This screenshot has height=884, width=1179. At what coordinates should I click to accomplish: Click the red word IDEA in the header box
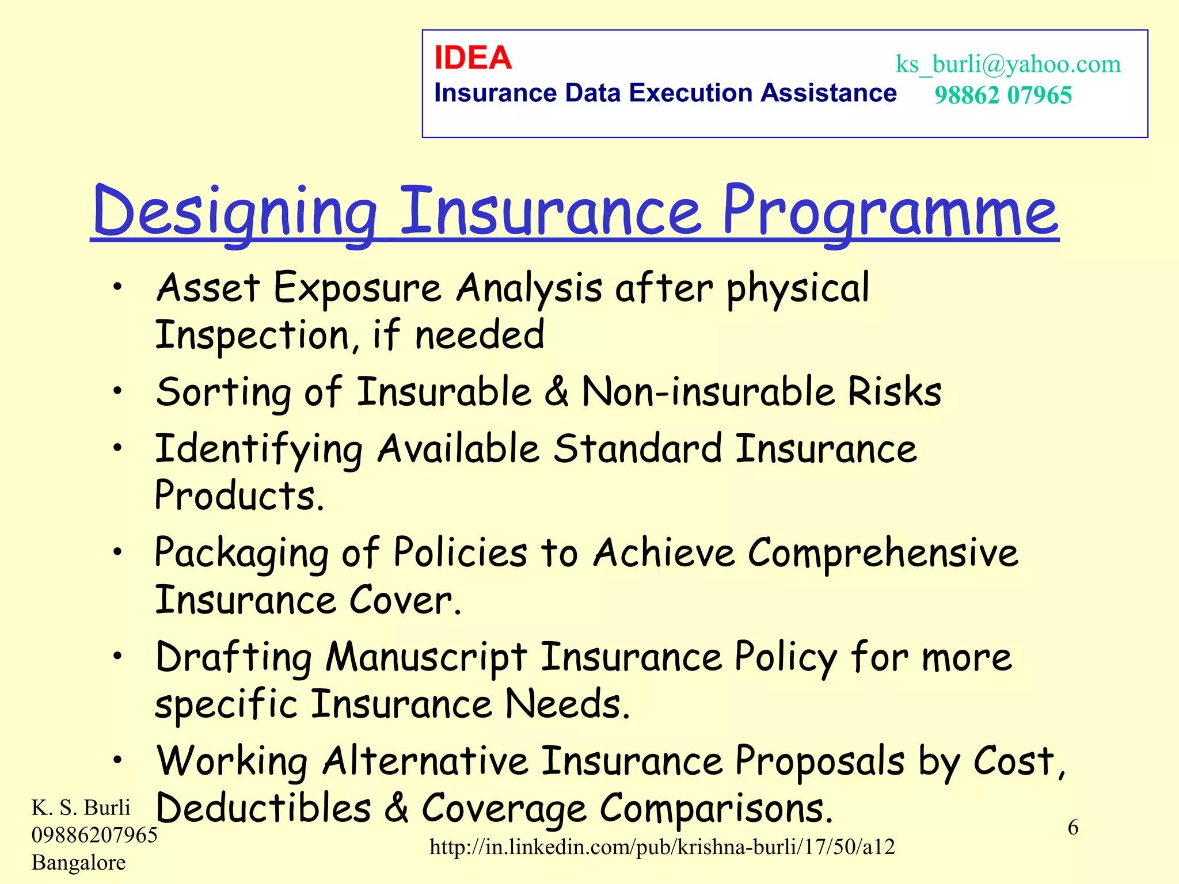pyautogui.click(x=473, y=58)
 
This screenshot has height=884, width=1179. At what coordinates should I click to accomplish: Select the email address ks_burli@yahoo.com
pyautogui.click(x=1008, y=64)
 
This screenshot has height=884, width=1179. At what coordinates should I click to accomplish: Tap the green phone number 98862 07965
pyautogui.click(x=1003, y=95)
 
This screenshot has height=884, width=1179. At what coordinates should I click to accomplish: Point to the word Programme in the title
pyautogui.click(x=890, y=212)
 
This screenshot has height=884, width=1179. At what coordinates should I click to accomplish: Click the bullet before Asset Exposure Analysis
pyautogui.click(x=117, y=286)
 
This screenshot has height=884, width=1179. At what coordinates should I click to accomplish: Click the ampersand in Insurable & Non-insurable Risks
pyautogui.click(x=556, y=391)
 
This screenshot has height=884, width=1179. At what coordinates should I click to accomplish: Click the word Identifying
pyautogui.click(x=259, y=449)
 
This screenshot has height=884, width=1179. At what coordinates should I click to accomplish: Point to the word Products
pyautogui.click(x=239, y=496)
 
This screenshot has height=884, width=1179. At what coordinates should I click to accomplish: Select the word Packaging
pyautogui.click(x=242, y=553)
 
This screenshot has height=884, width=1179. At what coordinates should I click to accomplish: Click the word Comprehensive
pyautogui.click(x=883, y=553)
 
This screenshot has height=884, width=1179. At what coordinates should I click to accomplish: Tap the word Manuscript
pyautogui.click(x=426, y=657)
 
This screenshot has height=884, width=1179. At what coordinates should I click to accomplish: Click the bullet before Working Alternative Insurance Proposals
pyautogui.click(x=117, y=760)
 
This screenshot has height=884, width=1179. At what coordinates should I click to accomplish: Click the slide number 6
pyautogui.click(x=1073, y=828)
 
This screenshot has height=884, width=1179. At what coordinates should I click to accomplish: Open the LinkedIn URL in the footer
pyautogui.click(x=662, y=847)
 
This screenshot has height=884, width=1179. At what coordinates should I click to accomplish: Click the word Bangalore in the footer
pyautogui.click(x=79, y=862)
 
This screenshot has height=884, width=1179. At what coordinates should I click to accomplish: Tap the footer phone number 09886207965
pyautogui.click(x=94, y=835)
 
